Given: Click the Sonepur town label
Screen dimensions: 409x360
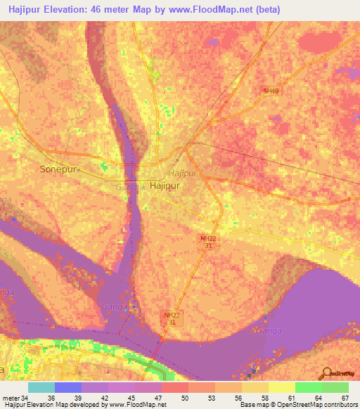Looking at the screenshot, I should [x=58, y=169].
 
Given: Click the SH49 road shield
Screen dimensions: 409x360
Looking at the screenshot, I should [x=271, y=90].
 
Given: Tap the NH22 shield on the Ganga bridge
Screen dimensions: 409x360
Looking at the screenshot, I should [x=172, y=319].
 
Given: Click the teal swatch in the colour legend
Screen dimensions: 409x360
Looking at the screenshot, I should [x=41, y=387].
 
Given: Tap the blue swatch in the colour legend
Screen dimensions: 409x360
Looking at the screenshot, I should [x=68, y=387].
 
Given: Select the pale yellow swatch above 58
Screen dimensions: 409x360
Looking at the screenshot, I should [x=255, y=387].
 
